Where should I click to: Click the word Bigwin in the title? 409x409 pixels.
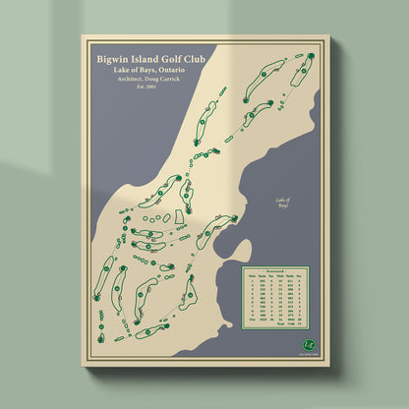113,58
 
